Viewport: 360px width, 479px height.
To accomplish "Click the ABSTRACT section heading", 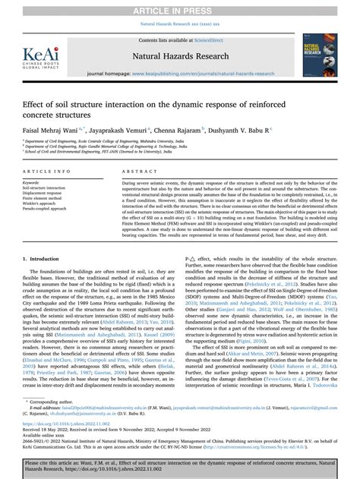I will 134,173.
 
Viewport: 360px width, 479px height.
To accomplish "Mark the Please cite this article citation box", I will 179,465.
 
